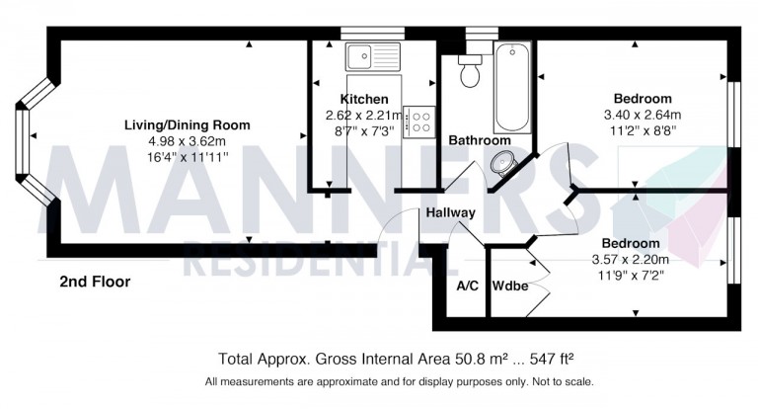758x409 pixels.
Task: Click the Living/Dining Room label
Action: [x=187, y=125]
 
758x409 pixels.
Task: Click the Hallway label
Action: [x=451, y=212]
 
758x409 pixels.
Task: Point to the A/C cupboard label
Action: [x=467, y=286]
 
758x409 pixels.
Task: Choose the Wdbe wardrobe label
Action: [x=510, y=286]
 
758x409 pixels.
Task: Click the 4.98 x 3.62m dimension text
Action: [x=187, y=141]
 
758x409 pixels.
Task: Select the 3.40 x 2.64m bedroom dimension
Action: [x=642, y=115]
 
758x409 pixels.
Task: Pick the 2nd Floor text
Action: [x=95, y=282]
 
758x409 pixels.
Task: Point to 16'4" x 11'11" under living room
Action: [x=187, y=157]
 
